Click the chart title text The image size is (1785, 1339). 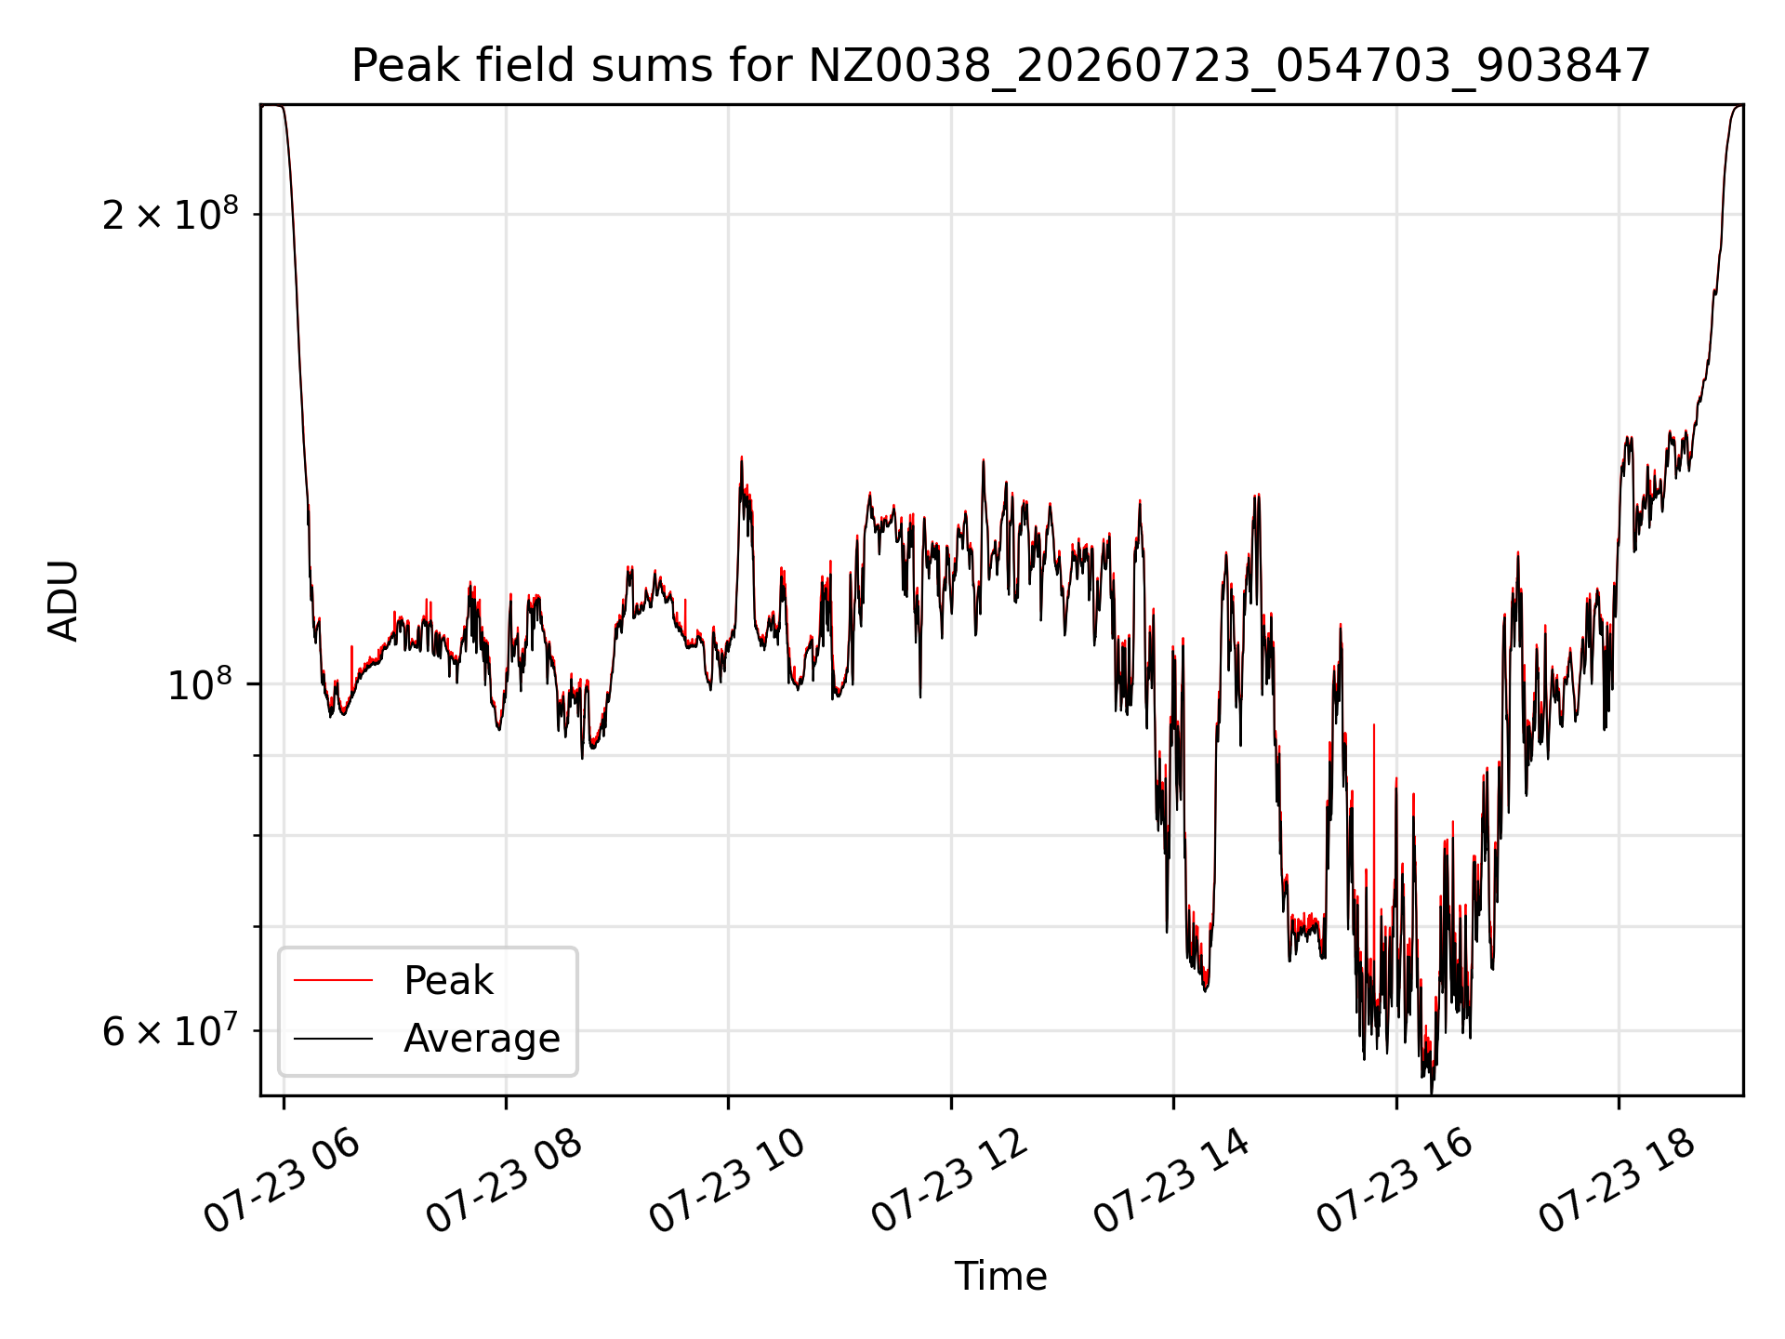coord(1000,66)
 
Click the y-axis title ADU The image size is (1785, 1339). coord(64,601)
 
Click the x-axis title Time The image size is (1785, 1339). coord(1000,1277)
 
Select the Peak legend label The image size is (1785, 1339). coord(448,981)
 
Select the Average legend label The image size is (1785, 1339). coord(482,1039)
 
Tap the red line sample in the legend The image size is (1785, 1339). coord(333,980)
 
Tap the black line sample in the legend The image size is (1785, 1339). coord(333,1038)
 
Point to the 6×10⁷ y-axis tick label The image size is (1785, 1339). coord(170,1030)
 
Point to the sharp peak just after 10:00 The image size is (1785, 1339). coord(741,457)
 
